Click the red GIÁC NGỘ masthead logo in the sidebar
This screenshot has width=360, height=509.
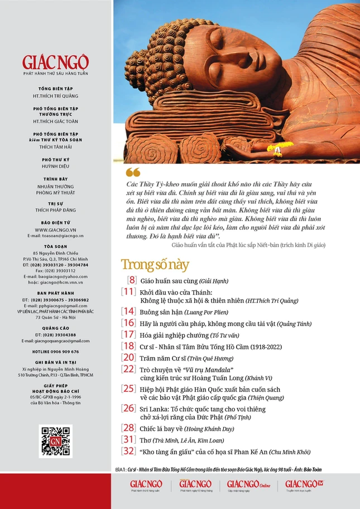[x=55, y=61]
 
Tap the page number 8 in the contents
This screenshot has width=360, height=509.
[x=132, y=281]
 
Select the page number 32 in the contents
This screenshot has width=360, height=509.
[x=128, y=452]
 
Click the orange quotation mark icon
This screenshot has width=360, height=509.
[x=132, y=172]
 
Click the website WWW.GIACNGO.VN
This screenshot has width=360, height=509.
[x=56, y=229]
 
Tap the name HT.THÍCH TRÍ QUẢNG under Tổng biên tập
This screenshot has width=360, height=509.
[x=56, y=95]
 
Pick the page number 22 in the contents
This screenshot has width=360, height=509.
[x=128, y=369]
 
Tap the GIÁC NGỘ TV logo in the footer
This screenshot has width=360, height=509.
[x=305, y=484]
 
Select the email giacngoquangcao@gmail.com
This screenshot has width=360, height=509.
[x=56, y=341]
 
